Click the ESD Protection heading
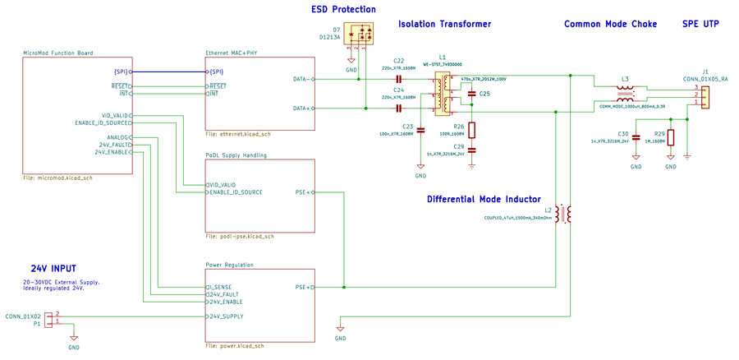pyautogui.click(x=343, y=10)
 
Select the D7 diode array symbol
pyautogui.click(x=361, y=35)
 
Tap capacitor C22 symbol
pyautogui.click(x=399, y=79)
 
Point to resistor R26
pyautogui.click(x=471, y=130)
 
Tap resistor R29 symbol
pyautogui.click(x=671, y=137)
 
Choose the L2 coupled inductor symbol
pyautogui.click(x=563, y=214)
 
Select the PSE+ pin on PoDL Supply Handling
pyautogui.click(x=302, y=192)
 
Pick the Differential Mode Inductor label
pyautogui.click(x=484, y=199)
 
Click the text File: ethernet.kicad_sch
pyautogui.click(x=238, y=134)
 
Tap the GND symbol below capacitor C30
pyautogui.click(x=636, y=163)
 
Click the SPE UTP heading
pyautogui.click(x=700, y=25)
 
